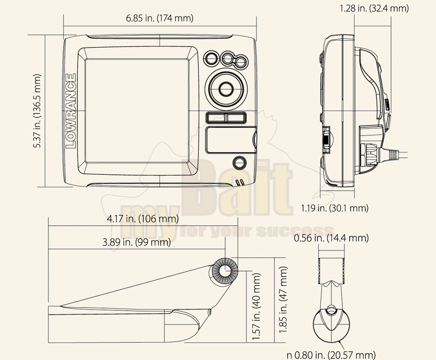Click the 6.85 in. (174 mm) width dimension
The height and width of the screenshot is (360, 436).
[159, 18]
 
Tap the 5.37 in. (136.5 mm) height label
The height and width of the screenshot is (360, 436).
[37, 111]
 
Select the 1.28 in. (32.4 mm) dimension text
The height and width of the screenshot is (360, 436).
[374, 8]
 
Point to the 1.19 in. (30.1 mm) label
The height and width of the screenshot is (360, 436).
[334, 208]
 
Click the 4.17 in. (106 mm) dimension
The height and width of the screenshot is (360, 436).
[143, 219]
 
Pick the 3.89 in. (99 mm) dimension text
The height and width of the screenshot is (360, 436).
[136, 242]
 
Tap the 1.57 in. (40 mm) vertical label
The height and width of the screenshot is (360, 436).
[256, 306]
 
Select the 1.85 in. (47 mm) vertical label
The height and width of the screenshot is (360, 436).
[283, 300]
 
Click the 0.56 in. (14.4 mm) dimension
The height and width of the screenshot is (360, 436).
[331, 238]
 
